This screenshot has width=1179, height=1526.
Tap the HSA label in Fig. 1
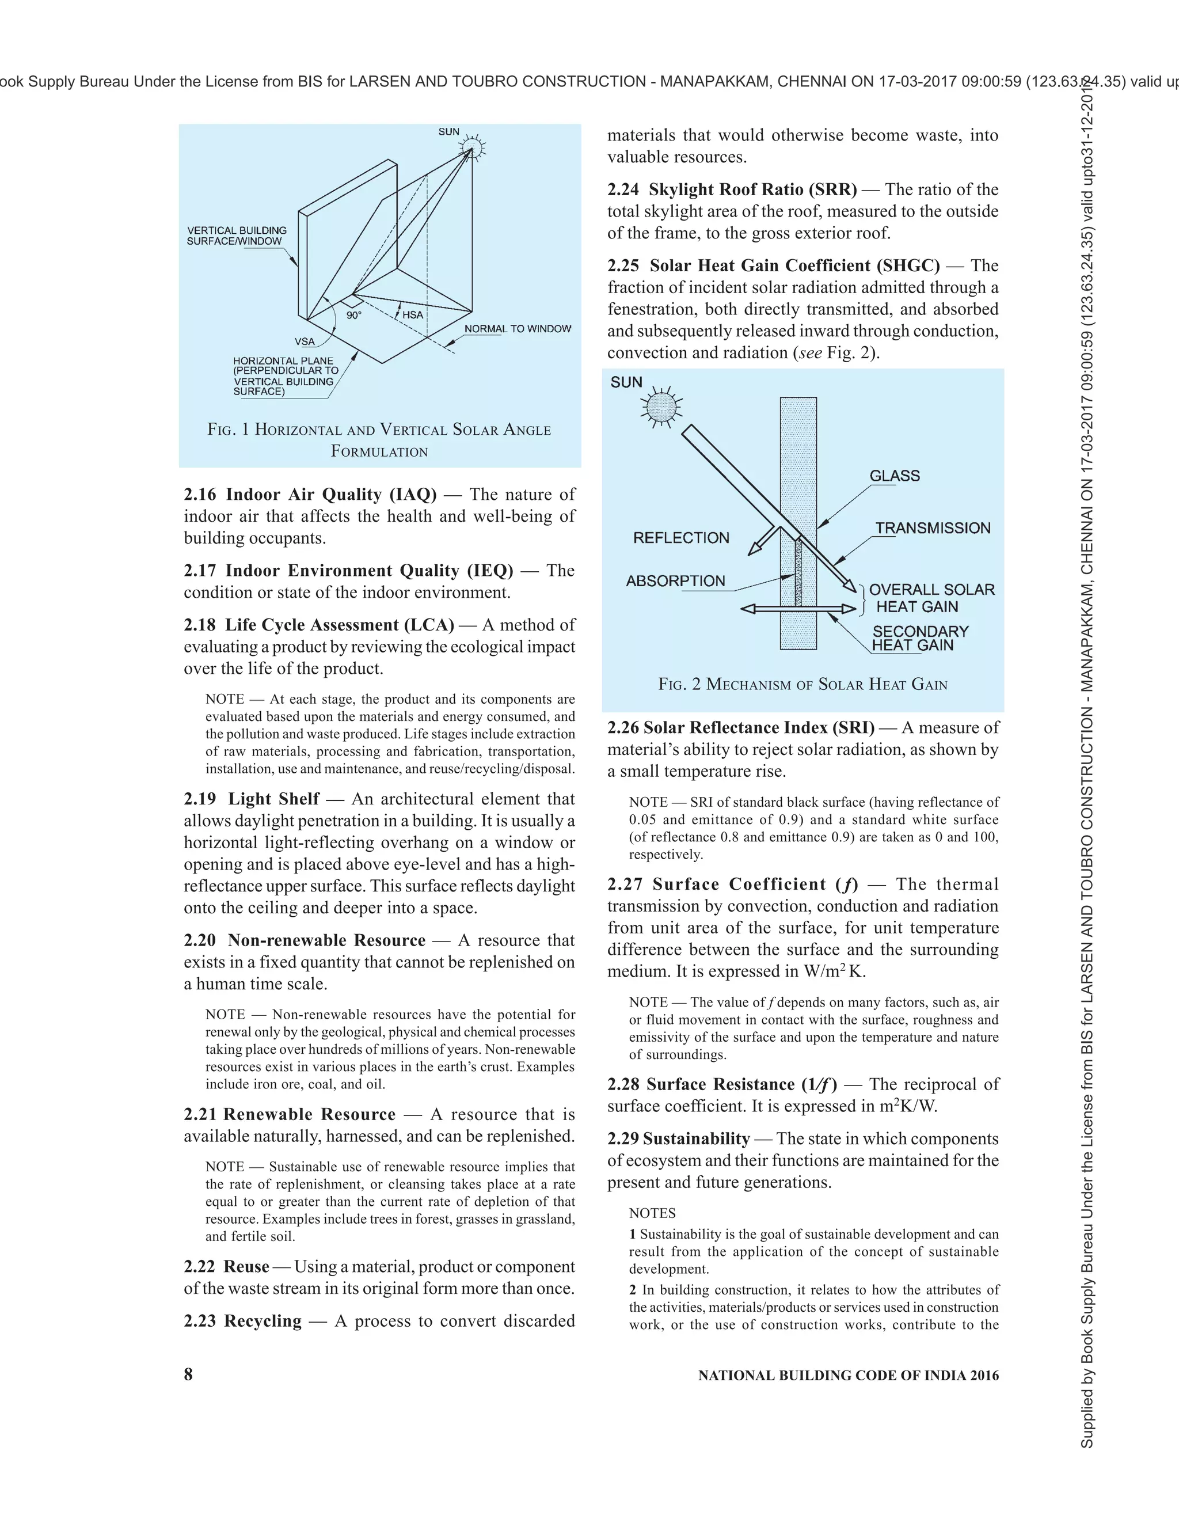(413, 315)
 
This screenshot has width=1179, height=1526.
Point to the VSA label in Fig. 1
(305, 341)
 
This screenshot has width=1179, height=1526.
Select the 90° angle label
(354, 316)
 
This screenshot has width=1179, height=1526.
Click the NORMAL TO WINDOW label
(518, 329)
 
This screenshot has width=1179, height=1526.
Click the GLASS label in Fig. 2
(894, 476)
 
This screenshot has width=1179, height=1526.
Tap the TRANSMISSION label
(933, 528)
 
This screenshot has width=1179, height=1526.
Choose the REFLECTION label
(681, 538)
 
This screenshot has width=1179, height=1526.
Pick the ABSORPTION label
(675, 582)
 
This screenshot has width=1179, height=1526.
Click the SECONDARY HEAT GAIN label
(919, 638)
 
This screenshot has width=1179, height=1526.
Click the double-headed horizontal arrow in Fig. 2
(798, 609)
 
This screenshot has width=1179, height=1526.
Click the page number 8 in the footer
(188, 1375)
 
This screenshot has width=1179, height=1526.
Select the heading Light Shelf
(274, 799)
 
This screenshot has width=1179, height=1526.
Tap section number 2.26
(622, 727)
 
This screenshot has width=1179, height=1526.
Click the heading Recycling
(263, 1320)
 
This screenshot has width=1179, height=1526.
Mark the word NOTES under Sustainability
(652, 1213)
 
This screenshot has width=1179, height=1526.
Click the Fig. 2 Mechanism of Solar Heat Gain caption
(803, 684)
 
